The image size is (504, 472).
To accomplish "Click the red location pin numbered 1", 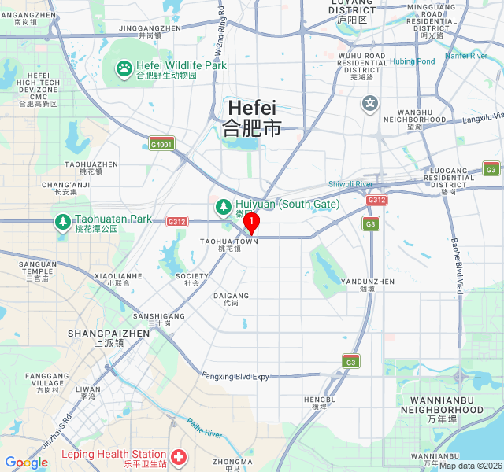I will (251, 224).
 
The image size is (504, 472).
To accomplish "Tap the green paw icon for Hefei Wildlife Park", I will (124, 68).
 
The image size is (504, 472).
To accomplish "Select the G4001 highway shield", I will (161, 143).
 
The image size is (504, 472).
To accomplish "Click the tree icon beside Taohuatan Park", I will (62, 222).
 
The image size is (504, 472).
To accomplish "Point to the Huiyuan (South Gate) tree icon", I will (223, 206).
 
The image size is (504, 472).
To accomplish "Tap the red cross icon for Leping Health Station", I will (179, 455).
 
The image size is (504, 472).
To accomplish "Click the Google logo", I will (26, 463).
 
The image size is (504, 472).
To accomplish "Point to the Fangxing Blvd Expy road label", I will (235, 377).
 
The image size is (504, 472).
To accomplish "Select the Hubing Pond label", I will (411, 61).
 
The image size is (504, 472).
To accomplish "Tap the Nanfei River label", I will (466, 56).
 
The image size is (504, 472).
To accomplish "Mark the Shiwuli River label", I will (350, 184).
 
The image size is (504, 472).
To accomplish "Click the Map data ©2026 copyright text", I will (470, 465).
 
